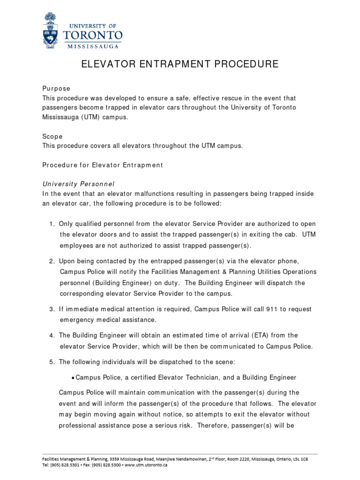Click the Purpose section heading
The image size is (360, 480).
click(56, 89)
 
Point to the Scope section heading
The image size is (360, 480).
click(52, 136)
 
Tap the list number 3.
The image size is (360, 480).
click(52, 309)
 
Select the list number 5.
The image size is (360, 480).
click(52, 362)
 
